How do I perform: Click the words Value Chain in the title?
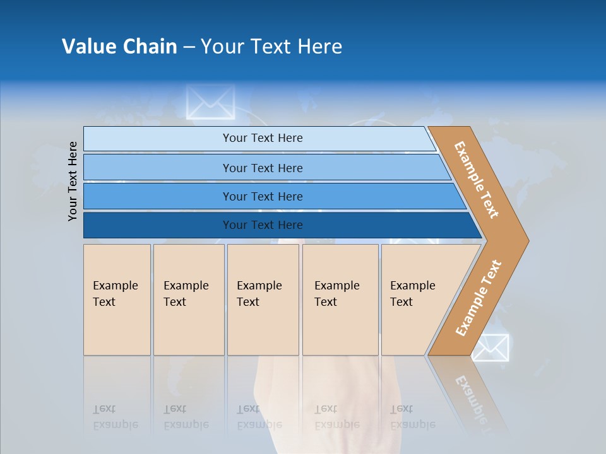tap(119, 47)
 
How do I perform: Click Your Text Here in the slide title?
tap(271, 47)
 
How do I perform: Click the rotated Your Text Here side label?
tap(73, 181)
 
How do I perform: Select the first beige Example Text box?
tap(117, 300)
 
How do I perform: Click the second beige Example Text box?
tap(188, 300)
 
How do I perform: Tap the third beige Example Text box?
tap(262, 300)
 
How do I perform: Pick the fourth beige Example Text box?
tap(340, 300)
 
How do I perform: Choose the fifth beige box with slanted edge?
tap(417, 300)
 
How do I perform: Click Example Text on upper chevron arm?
tap(477, 180)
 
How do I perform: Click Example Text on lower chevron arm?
tap(478, 298)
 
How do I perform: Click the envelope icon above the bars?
tap(210, 102)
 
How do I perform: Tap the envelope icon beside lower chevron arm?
tap(490, 347)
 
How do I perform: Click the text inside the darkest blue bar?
tap(263, 225)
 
